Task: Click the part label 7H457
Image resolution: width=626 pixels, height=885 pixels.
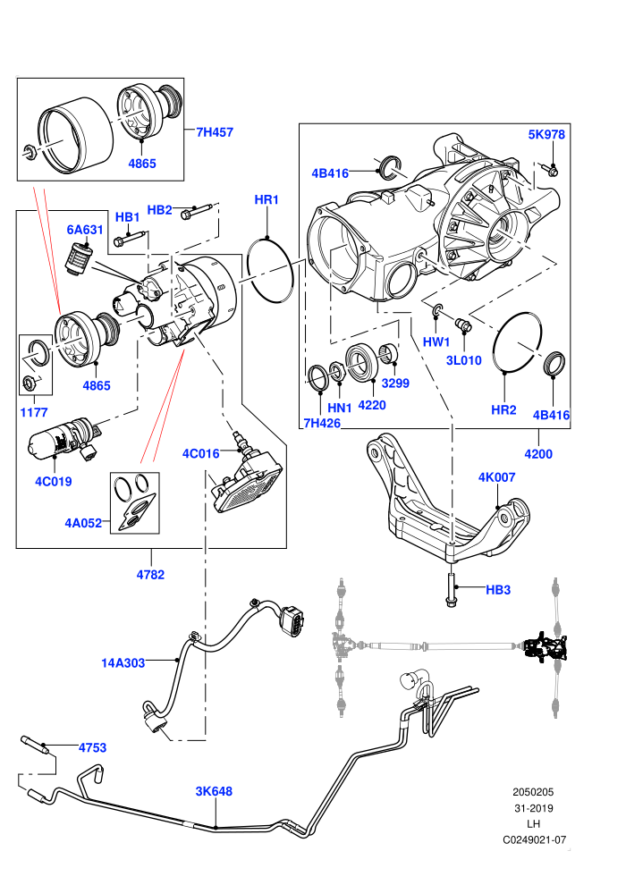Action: [x=215, y=132]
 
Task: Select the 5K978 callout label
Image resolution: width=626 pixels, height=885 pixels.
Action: [x=546, y=134]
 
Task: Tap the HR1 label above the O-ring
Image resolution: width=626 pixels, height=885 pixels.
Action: [x=266, y=200]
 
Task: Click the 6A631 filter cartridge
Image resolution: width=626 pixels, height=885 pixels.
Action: [x=77, y=260]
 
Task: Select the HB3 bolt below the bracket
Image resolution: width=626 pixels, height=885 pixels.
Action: [x=451, y=590]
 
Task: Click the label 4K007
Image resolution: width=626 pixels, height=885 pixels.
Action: [x=496, y=477]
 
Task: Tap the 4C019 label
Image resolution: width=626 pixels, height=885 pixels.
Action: [x=54, y=482]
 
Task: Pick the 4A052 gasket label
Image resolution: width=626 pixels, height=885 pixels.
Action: [x=83, y=523]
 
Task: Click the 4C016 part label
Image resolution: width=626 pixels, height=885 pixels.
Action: [x=200, y=454]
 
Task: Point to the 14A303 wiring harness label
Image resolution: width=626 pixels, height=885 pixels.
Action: [x=123, y=663]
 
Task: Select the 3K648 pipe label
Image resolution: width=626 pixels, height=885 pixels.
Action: [x=214, y=791]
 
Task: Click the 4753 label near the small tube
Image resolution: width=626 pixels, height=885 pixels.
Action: [x=93, y=748]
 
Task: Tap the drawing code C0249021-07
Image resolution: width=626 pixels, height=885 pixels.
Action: [x=534, y=839]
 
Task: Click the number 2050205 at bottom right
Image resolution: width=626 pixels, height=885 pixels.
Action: [x=533, y=792]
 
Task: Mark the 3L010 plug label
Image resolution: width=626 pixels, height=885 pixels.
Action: [x=464, y=360]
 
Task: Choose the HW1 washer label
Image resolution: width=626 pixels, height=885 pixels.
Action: [x=436, y=342]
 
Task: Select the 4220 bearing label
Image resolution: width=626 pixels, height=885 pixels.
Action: [x=372, y=405]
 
